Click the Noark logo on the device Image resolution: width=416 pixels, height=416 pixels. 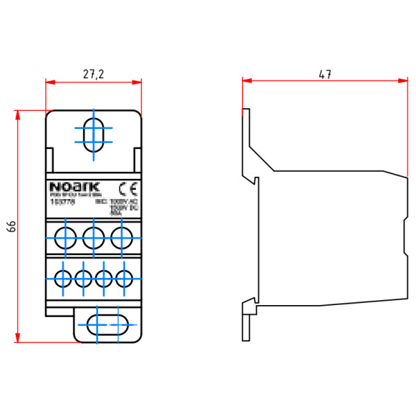click(x=75, y=187)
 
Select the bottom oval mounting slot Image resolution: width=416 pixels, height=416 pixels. click(x=107, y=324)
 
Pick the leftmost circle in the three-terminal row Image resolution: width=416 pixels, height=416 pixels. click(x=66, y=237)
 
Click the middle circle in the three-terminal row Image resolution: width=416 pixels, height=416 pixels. click(x=94, y=237)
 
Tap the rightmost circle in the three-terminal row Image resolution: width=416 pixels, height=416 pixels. click(x=121, y=237)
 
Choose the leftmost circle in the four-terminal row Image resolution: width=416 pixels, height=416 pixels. click(x=62, y=279)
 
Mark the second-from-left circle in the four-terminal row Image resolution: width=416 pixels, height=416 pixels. click(x=83, y=279)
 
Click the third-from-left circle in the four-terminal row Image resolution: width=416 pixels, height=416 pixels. click(x=104, y=279)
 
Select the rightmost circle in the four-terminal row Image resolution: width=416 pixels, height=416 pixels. click(x=125, y=279)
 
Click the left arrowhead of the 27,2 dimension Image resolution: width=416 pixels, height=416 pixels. click(x=49, y=82)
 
